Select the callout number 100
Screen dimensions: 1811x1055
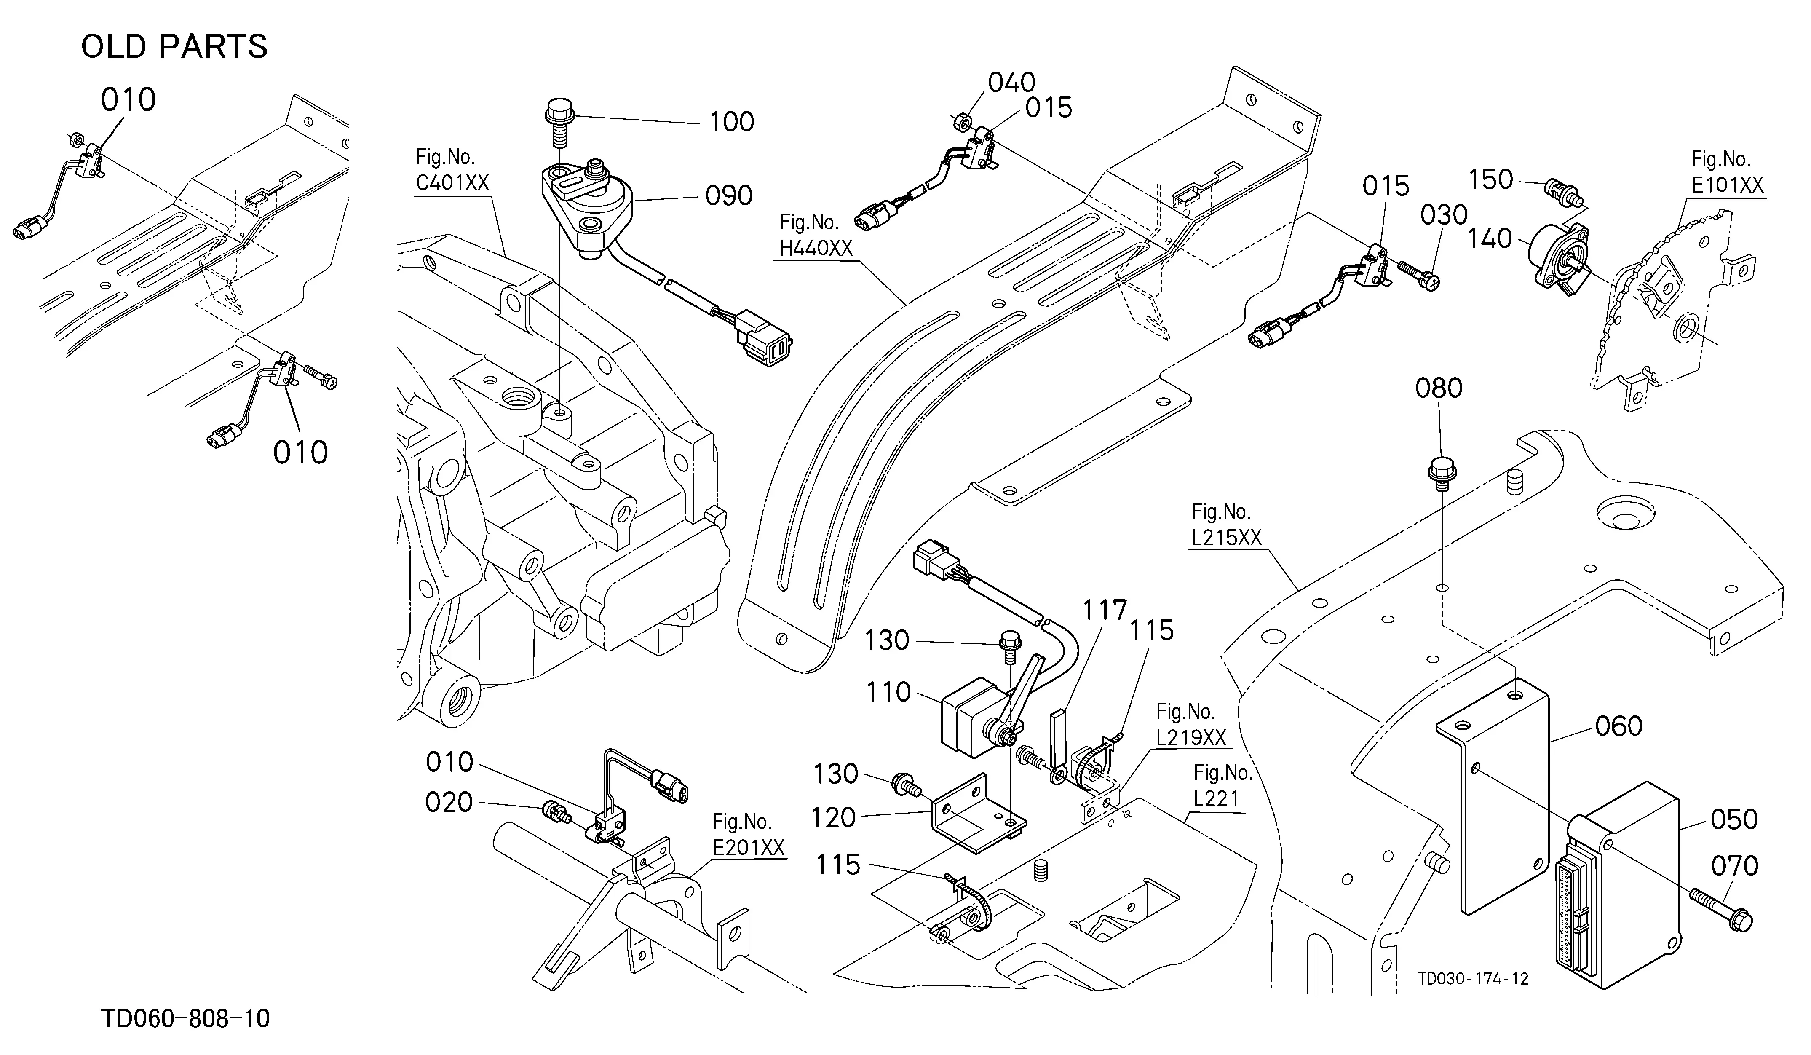pos(732,122)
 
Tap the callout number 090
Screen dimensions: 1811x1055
pos(729,195)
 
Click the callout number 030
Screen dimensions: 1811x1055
pos(1444,215)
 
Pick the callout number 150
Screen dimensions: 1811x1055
pos(1491,179)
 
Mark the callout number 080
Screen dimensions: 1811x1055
pos(1439,388)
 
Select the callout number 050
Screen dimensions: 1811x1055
pos(1734,819)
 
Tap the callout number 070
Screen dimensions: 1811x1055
pos(1734,866)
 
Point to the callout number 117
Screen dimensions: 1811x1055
pos(1105,611)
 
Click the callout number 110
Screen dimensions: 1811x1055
pos(888,692)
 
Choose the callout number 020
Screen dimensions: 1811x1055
pos(449,802)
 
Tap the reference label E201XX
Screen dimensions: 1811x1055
pos(749,848)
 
